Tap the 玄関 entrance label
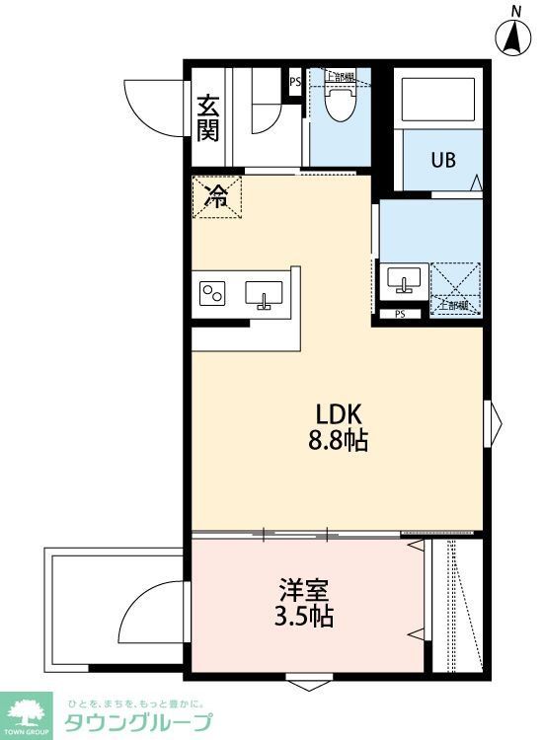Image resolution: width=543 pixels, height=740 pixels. tap(207, 117)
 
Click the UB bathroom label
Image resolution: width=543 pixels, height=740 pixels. tap(442, 159)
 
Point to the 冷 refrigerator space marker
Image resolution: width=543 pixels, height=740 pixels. tap(215, 196)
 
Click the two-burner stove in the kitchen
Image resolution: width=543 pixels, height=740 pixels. tap(213, 293)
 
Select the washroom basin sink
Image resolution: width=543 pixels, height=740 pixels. tap(402, 279)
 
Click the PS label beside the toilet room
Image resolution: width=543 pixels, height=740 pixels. tap(295, 83)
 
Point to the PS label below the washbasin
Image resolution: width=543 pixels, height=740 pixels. tap(400, 315)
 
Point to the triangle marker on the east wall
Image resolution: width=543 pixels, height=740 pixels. tap(494, 423)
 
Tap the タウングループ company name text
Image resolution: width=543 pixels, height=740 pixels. tap(137, 722)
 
